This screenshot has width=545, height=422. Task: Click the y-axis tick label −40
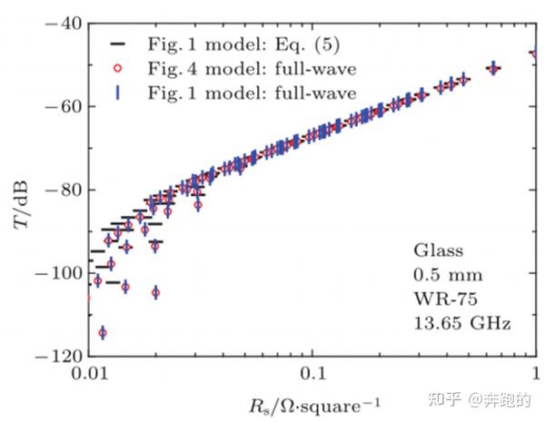coord(61,23)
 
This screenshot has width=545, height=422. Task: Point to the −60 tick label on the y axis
coord(61,106)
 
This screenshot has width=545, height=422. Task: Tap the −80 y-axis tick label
coord(61,190)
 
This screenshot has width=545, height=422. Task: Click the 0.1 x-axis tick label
coord(312,374)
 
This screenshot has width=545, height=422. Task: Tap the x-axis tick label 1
coord(535,374)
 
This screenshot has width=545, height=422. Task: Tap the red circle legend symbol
coord(118,68)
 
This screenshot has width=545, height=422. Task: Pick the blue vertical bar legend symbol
coord(118,92)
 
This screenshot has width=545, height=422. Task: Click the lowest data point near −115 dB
coord(103,333)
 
